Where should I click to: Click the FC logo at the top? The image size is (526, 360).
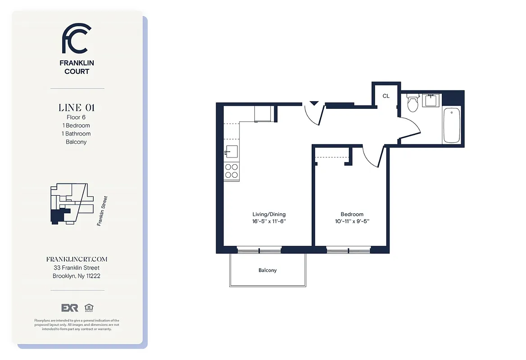[x=77, y=39]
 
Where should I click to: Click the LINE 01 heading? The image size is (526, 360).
[x=77, y=108]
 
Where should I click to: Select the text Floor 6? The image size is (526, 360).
[x=77, y=117]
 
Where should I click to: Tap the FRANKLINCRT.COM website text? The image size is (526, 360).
[x=77, y=260]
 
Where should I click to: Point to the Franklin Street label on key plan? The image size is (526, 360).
[x=102, y=211]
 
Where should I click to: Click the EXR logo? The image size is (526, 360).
[x=70, y=308]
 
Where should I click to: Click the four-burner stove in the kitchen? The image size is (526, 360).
[x=231, y=171]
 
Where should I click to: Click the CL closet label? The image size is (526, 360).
[x=386, y=96]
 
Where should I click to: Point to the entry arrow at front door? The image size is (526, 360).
[x=314, y=103]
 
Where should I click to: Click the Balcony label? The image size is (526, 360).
[x=268, y=270]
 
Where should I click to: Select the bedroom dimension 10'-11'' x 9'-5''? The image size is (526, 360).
[x=352, y=221]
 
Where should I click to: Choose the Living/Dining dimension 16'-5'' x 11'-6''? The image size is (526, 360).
[x=269, y=221]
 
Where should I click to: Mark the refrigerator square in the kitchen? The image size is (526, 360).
[x=263, y=113]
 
